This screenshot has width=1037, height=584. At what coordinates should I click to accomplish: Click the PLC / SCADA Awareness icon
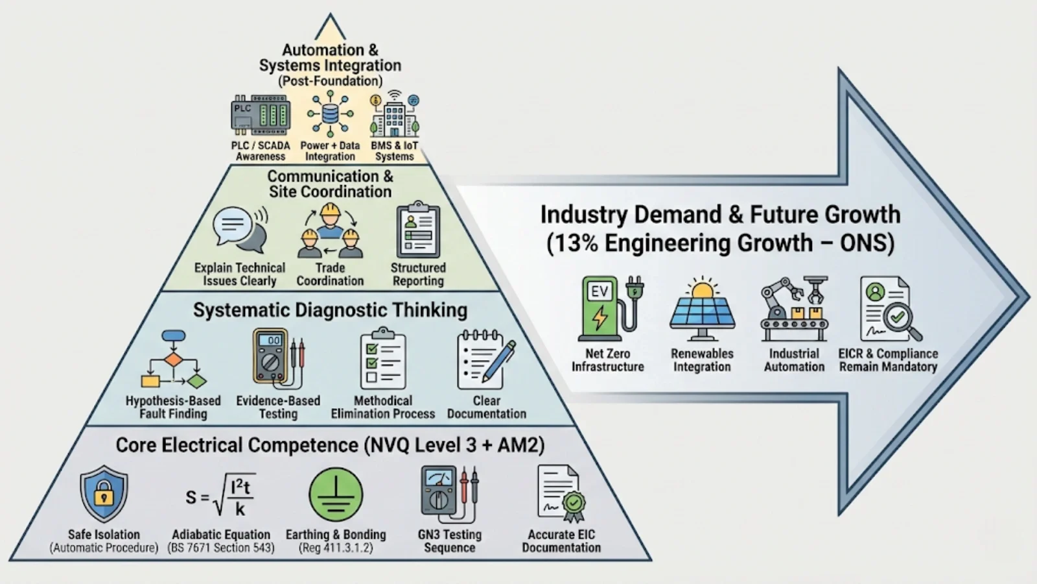coord(261,116)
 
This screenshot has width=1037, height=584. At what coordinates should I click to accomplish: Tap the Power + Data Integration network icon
coord(330,114)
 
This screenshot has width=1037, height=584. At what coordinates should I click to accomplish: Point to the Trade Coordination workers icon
coord(330,231)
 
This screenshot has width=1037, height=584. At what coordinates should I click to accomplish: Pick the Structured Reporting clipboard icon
coord(418,231)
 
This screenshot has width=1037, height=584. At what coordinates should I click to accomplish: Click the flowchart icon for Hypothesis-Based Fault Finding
coord(173,360)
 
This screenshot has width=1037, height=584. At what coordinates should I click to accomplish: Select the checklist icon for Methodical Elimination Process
coord(383,359)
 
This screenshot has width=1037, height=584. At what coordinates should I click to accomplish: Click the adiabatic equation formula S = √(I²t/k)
coord(220,496)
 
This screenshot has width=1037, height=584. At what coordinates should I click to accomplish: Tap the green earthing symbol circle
coord(336,495)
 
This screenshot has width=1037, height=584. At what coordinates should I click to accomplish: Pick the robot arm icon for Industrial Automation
coord(794,309)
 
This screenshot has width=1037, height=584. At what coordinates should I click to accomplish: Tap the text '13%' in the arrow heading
coord(573,243)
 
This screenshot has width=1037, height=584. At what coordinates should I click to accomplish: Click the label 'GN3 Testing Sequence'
coord(450,541)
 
